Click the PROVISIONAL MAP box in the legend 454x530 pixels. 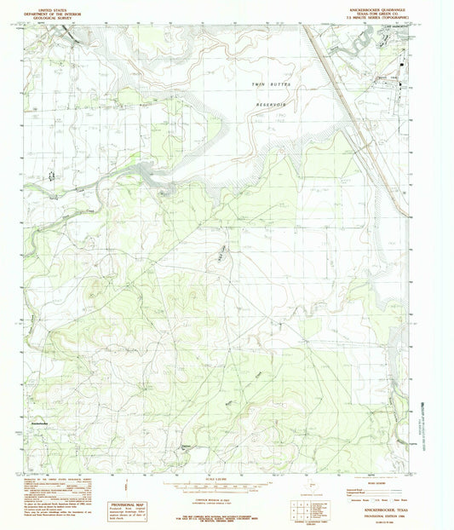(124, 506)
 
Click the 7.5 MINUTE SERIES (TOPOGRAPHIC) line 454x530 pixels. (384, 16)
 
